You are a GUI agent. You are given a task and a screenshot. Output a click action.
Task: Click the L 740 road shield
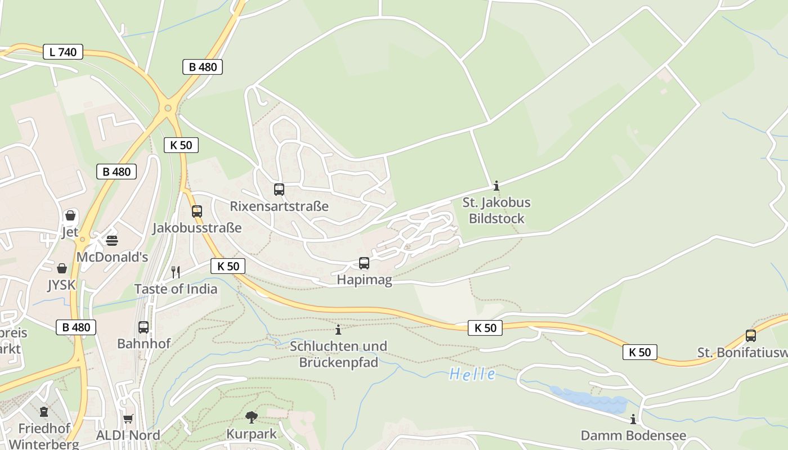(63, 52)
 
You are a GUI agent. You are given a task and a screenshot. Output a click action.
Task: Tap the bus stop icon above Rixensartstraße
(279, 190)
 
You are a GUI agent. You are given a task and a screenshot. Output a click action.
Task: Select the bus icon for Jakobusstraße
(197, 211)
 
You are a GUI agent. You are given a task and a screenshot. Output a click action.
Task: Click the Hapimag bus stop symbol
(364, 263)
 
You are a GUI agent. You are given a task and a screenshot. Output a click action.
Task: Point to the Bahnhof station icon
(144, 327)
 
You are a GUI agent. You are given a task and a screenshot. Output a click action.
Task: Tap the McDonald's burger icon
(112, 241)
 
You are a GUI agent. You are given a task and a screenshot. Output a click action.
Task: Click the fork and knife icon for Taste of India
(176, 272)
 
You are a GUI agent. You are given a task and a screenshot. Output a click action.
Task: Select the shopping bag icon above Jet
(70, 215)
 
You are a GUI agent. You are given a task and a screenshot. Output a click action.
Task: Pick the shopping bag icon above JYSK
(62, 268)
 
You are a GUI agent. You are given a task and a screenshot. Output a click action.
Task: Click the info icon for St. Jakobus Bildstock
(496, 186)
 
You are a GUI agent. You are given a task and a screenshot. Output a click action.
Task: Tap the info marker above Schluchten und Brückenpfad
(338, 330)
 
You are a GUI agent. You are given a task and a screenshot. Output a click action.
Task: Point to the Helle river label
(472, 374)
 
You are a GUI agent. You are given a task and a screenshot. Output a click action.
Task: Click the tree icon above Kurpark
(252, 417)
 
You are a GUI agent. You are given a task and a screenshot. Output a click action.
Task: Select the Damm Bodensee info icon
(633, 419)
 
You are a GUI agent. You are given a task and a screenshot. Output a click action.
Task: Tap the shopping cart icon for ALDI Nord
(128, 418)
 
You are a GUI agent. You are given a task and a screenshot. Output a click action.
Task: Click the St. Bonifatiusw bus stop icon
(751, 336)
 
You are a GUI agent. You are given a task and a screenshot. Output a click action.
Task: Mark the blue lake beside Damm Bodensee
(591, 401)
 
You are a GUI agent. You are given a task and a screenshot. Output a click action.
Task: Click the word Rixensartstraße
(279, 206)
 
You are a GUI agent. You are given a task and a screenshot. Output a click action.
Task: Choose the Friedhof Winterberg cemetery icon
(44, 412)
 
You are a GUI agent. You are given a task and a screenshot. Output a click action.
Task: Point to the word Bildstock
(496, 219)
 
